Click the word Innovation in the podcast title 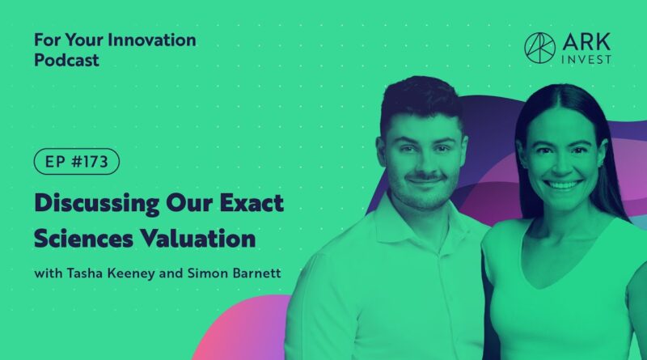tap(151, 40)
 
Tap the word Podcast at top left tap(66, 61)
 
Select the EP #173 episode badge tap(77, 162)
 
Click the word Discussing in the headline tap(97, 204)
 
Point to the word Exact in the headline tap(252, 203)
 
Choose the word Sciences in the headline tap(83, 239)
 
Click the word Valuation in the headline tap(197, 239)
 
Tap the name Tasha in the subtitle tap(85, 273)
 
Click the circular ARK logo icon tap(539, 48)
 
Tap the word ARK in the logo tap(586, 42)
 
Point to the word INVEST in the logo tap(586, 59)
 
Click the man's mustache tap(425, 177)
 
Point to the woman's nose tap(562, 165)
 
